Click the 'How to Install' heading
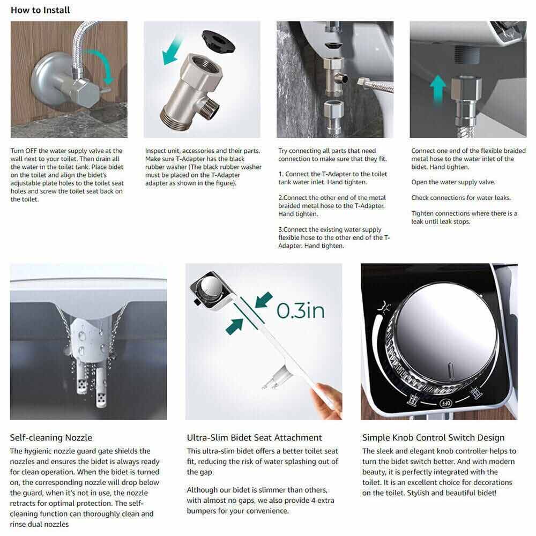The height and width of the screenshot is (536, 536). pyautogui.click(x=40, y=10)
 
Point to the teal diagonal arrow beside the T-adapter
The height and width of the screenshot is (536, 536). pyautogui.click(x=173, y=50)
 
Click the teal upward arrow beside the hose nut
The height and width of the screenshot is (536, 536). pyautogui.click(x=438, y=88)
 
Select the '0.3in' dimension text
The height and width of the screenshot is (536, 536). pyautogui.click(x=301, y=310)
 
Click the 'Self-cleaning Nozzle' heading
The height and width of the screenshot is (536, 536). pyautogui.click(x=51, y=437)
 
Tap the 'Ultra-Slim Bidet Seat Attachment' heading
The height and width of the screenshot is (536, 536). pyautogui.click(x=254, y=437)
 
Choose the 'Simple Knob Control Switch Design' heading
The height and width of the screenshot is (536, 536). pyautogui.click(x=433, y=437)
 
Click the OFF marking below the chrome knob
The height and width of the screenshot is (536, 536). pyautogui.click(x=445, y=404)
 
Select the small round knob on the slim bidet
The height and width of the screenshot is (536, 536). pyautogui.click(x=211, y=286)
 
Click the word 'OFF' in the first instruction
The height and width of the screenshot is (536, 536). pyautogui.click(x=31, y=151)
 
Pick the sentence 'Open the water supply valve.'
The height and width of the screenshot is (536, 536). pyautogui.click(x=453, y=182)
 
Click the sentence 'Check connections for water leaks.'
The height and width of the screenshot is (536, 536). pyautogui.click(x=461, y=198)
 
